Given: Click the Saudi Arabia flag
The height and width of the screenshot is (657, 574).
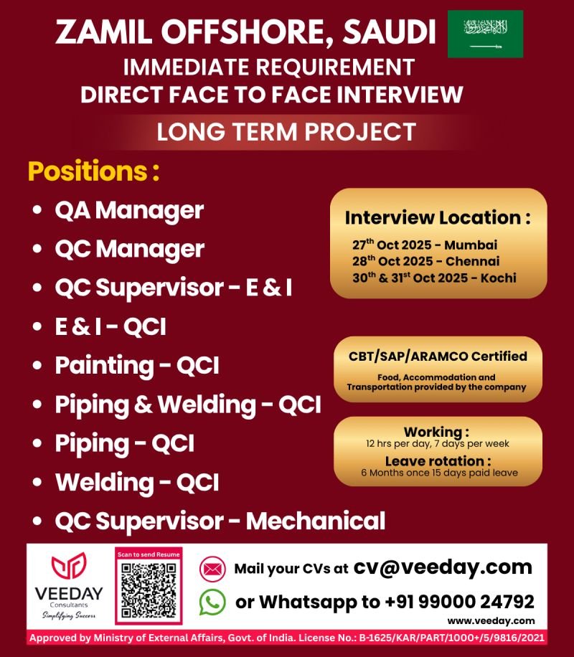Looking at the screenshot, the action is (485, 34).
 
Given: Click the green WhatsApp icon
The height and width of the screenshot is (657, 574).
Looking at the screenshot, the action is (212, 602).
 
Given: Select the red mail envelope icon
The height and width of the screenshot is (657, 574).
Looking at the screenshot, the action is (212, 569).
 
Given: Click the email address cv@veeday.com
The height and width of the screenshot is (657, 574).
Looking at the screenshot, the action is (443, 568).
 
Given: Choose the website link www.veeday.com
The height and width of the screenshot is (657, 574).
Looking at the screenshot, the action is (491, 621).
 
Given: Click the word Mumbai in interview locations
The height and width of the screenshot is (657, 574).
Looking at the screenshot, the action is (471, 245).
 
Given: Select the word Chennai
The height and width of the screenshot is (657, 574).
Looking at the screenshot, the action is (473, 262).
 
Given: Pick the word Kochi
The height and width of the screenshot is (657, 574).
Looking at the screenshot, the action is (498, 278).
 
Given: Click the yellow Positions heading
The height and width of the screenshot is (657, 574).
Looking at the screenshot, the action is (94, 171).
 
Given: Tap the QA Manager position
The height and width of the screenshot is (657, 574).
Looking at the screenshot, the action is (129, 210).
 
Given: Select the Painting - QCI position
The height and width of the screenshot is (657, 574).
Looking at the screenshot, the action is (137, 365).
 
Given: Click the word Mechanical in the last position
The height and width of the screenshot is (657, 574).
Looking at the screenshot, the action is (315, 521).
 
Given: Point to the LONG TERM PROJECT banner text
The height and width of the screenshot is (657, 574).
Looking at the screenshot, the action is (286, 132).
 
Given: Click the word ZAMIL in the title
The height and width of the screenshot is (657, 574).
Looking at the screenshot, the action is (103, 32).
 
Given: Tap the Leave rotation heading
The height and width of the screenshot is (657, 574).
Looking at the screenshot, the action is (438, 461).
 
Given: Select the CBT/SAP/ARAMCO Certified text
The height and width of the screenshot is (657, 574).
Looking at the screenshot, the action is (438, 356).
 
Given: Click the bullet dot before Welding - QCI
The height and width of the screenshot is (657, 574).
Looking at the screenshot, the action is (37, 482).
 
